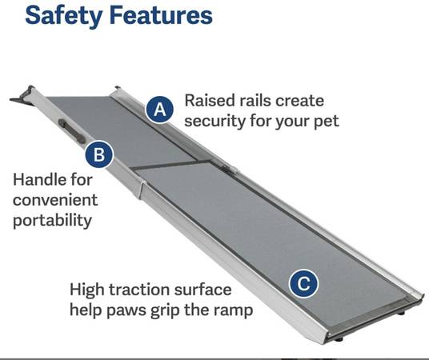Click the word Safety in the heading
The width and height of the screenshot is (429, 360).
tap(63, 16)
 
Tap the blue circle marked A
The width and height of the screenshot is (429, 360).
tap(159, 110)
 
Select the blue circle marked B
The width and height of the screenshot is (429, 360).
tap(98, 154)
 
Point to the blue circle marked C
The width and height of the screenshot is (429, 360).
tap(303, 283)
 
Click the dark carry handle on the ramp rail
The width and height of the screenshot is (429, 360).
tap(72, 131)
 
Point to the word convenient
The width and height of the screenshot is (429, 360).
tap(55, 200)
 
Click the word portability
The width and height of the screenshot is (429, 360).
tap(52, 221)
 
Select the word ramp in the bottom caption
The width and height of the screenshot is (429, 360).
tap(233, 310)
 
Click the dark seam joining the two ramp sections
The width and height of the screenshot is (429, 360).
tap(168, 164)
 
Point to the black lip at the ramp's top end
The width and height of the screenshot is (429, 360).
tap(22, 96)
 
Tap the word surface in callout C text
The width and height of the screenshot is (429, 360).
tap(202, 290)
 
